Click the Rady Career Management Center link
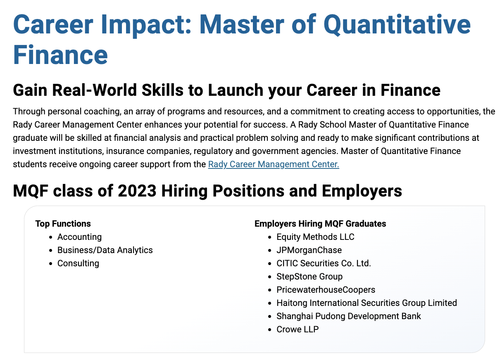[274, 164]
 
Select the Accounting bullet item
[79, 237]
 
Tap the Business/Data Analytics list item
[105, 250]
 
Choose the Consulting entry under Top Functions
[78, 263]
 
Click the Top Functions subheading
[63, 224]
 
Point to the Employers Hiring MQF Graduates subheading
[320, 224]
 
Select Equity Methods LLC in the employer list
[315, 237]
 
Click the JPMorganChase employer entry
[309, 250]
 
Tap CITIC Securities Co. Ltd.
[324, 263]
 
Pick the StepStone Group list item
[310, 277]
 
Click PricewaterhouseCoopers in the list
[326, 290]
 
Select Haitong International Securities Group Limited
[367, 303]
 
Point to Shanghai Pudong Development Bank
[348, 316]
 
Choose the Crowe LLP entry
[298, 329]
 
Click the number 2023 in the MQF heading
[137, 191]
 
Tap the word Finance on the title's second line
[60, 55]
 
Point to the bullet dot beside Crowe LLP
[270, 329]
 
